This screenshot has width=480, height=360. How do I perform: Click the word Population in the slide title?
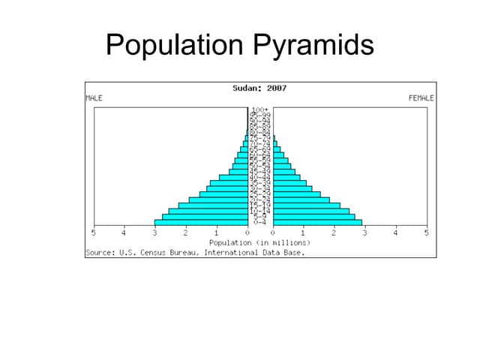click(x=172, y=45)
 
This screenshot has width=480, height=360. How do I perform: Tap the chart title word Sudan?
click(x=245, y=88)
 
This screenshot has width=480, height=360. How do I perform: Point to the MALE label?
click(x=94, y=98)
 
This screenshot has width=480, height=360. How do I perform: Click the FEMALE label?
click(x=421, y=98)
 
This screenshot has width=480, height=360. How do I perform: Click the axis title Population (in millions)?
click(x=259, y=243)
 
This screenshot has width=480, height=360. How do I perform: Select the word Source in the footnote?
click(x=100, y=252)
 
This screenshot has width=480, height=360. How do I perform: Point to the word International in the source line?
click(x=229, y=252)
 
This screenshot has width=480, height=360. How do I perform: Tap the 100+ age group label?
click(x=260, y=109)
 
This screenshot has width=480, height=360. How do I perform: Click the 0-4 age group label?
click(x=260, y=222)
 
